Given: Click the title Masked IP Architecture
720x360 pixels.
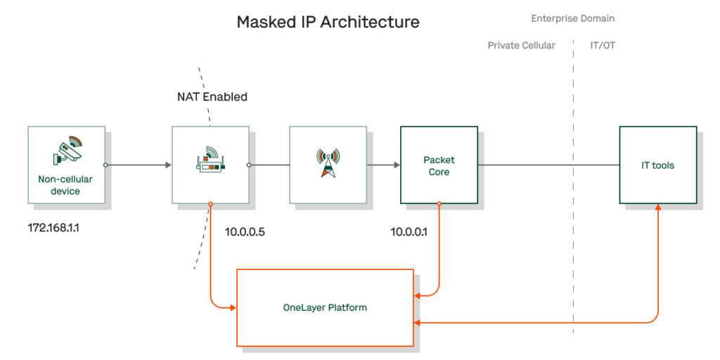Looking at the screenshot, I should (x=328, y=22).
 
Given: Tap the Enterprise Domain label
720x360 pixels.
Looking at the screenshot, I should (x=572, y=18).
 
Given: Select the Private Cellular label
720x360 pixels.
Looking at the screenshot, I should (x=521, y=46).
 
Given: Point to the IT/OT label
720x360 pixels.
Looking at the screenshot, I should (x=603, y=46).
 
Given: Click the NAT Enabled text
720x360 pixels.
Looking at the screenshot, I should (x=212, y=97).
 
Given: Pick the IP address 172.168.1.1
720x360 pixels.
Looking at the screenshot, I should (x=53, y=229).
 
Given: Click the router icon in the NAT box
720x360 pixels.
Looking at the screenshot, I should (x=210, y=160).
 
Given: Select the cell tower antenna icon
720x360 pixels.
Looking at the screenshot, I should (x=328, y=162).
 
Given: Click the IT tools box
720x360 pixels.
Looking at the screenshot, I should (x=657, y=166).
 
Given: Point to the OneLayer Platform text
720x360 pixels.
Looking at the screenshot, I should (x=325, y=308).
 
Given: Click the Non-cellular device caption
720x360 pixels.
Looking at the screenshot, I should (x=65, y=185).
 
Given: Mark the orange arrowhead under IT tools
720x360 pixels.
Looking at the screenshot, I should (x=658, y=209).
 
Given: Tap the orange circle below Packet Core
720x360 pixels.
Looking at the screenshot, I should (x=439, y=205).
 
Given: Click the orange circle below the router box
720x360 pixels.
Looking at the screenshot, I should (x=210, y=205).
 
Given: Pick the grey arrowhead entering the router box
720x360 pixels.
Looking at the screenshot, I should (x=168, y=166).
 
